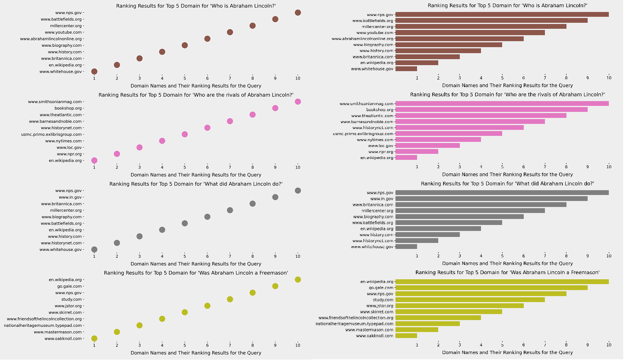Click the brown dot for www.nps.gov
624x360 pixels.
[298, 13]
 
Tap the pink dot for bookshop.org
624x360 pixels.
[275, 108]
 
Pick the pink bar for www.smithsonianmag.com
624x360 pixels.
[502, 103]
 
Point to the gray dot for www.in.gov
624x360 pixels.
[275, 197]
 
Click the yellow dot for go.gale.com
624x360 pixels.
[275, 286]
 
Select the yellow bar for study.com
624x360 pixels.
[470, 300]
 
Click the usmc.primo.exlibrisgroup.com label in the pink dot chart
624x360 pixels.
[52, 135]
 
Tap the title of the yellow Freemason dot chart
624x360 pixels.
[196, 273]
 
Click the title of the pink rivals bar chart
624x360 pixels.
[507, 95]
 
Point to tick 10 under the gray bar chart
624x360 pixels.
[608, 256]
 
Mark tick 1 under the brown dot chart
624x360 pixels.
[94, 78]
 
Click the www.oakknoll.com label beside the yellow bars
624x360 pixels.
[374, 336]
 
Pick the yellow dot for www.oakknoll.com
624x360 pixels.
[94, 338]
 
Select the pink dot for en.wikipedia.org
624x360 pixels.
[94, 161]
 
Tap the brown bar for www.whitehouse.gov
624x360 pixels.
[406, 69]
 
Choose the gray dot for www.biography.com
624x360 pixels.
[207, 217]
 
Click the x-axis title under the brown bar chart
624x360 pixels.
[507, 86]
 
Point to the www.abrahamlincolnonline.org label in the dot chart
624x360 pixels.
[51, 39]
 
